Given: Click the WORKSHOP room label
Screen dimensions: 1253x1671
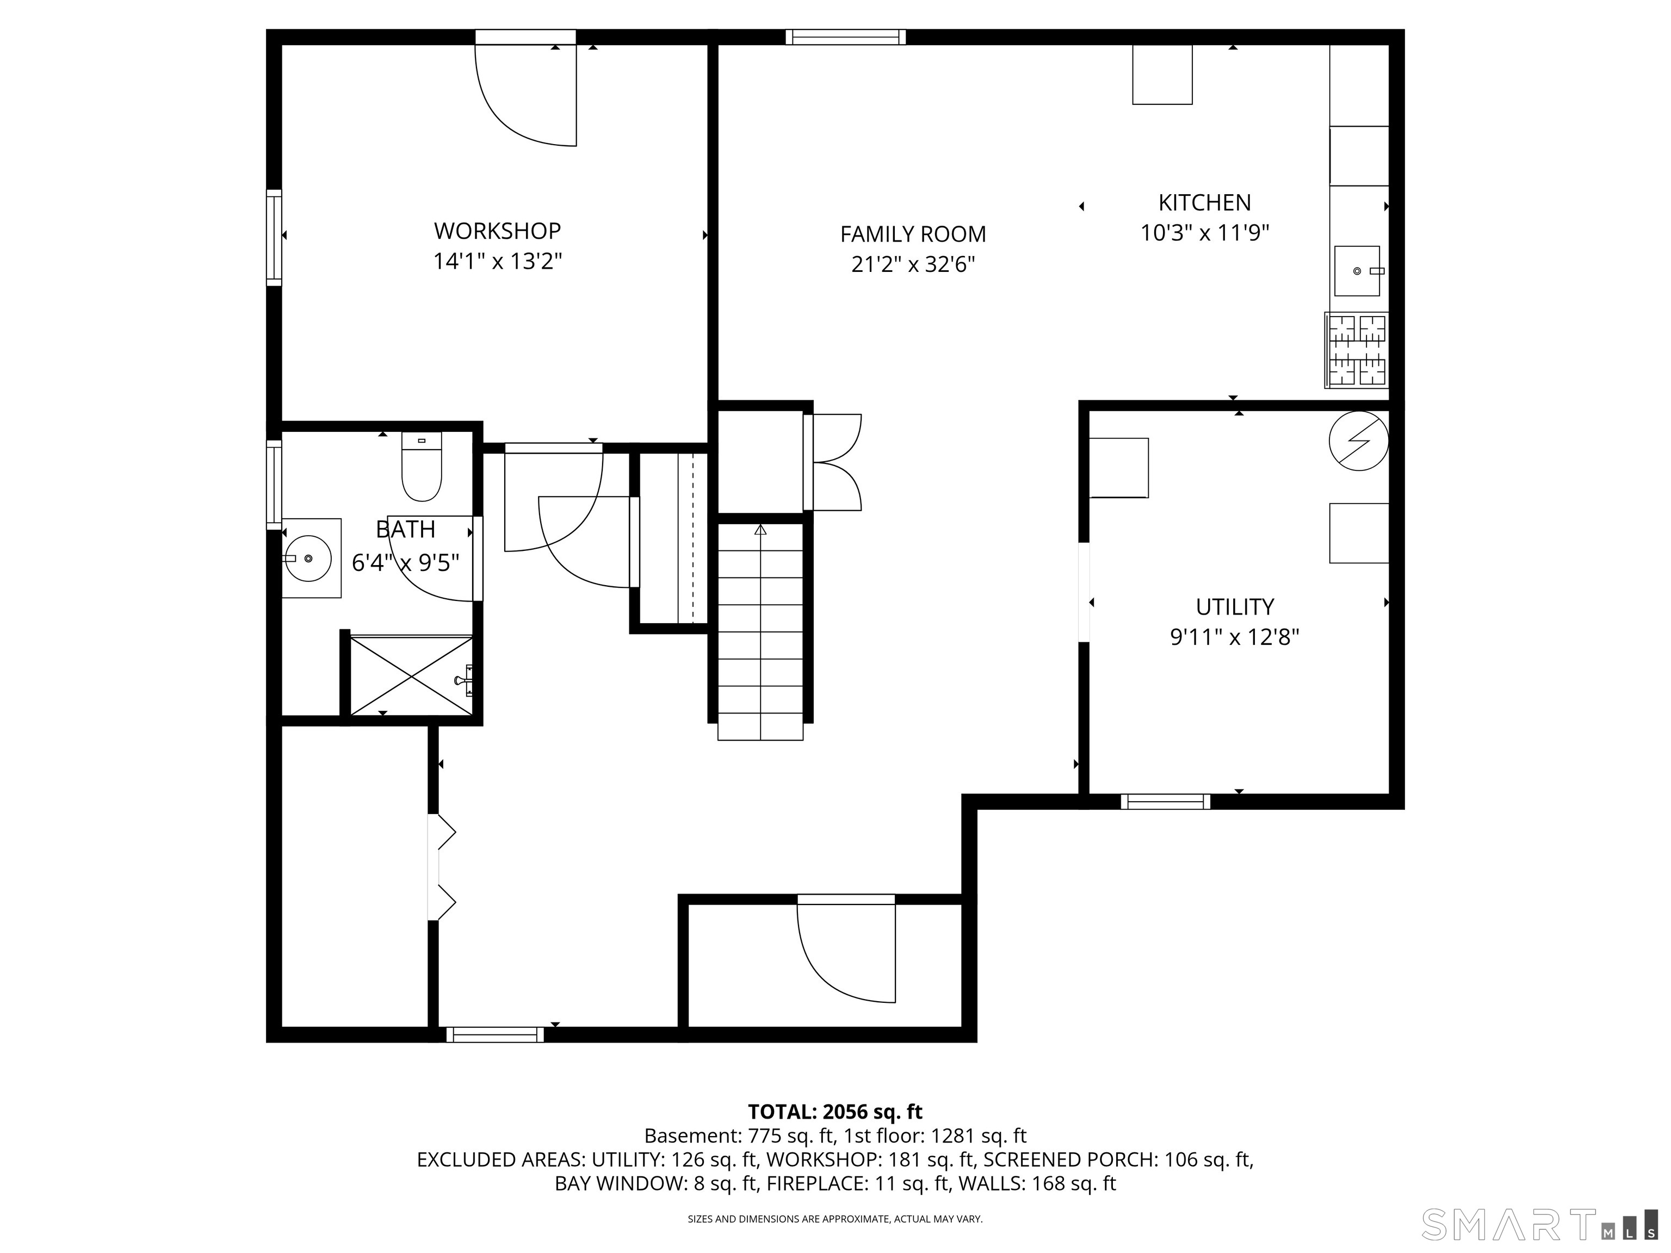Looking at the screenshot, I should click(x=497, y=231).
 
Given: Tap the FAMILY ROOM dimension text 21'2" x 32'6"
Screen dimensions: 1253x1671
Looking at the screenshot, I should click(x=913, y=265).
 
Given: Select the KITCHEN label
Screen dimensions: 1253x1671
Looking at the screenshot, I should click(x=1204, y=202).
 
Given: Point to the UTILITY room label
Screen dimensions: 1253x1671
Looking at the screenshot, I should click(x=1234, y=606).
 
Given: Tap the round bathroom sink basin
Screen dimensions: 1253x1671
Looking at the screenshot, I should click(x=309, y=558).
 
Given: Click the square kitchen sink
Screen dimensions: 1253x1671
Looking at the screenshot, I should click(x=1357, y=270).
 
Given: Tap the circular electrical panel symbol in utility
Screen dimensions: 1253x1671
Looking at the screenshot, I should click(x=1358, y=441).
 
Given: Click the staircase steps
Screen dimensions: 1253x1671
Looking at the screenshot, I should click(x=760, y=631).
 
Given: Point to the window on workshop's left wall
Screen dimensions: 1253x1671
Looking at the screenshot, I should click(x=274, y=237).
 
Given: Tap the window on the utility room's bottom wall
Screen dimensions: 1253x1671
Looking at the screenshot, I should click(x=1165, y=802).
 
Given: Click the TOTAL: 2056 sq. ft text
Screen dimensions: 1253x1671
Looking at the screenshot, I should click(x=835, y=1112).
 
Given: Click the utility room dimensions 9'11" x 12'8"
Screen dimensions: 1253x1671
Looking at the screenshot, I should click(x=1234, y=637).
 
